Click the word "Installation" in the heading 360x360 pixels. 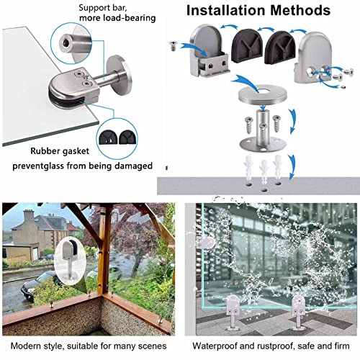click(x=226, y=10)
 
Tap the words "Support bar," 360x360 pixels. click(x=103, y=8)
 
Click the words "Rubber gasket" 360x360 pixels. click(x=60, y=151)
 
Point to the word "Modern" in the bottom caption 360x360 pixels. click(x=26, y=346)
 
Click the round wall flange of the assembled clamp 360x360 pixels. click(x=120, y=75)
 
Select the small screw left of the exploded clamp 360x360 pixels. click(x=173, y=45)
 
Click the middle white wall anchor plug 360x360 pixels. click(x=264, y=171)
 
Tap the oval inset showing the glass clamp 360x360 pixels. click(x=70, y=261)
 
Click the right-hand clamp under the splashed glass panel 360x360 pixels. click(x=298, y=312)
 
